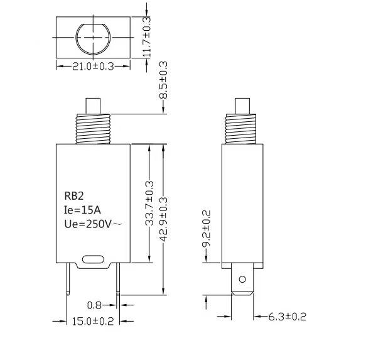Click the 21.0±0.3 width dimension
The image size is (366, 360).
93,67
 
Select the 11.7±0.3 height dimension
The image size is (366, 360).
147,37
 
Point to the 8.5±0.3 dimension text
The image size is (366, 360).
163,80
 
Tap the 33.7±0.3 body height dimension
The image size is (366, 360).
149,203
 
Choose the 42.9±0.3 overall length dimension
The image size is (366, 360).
163,219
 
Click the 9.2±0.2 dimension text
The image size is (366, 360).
207,228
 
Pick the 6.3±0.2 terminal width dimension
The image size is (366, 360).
287,317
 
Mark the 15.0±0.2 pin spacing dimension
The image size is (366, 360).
93,322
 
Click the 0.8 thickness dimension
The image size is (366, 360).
94,305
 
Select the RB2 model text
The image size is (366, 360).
73,196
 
